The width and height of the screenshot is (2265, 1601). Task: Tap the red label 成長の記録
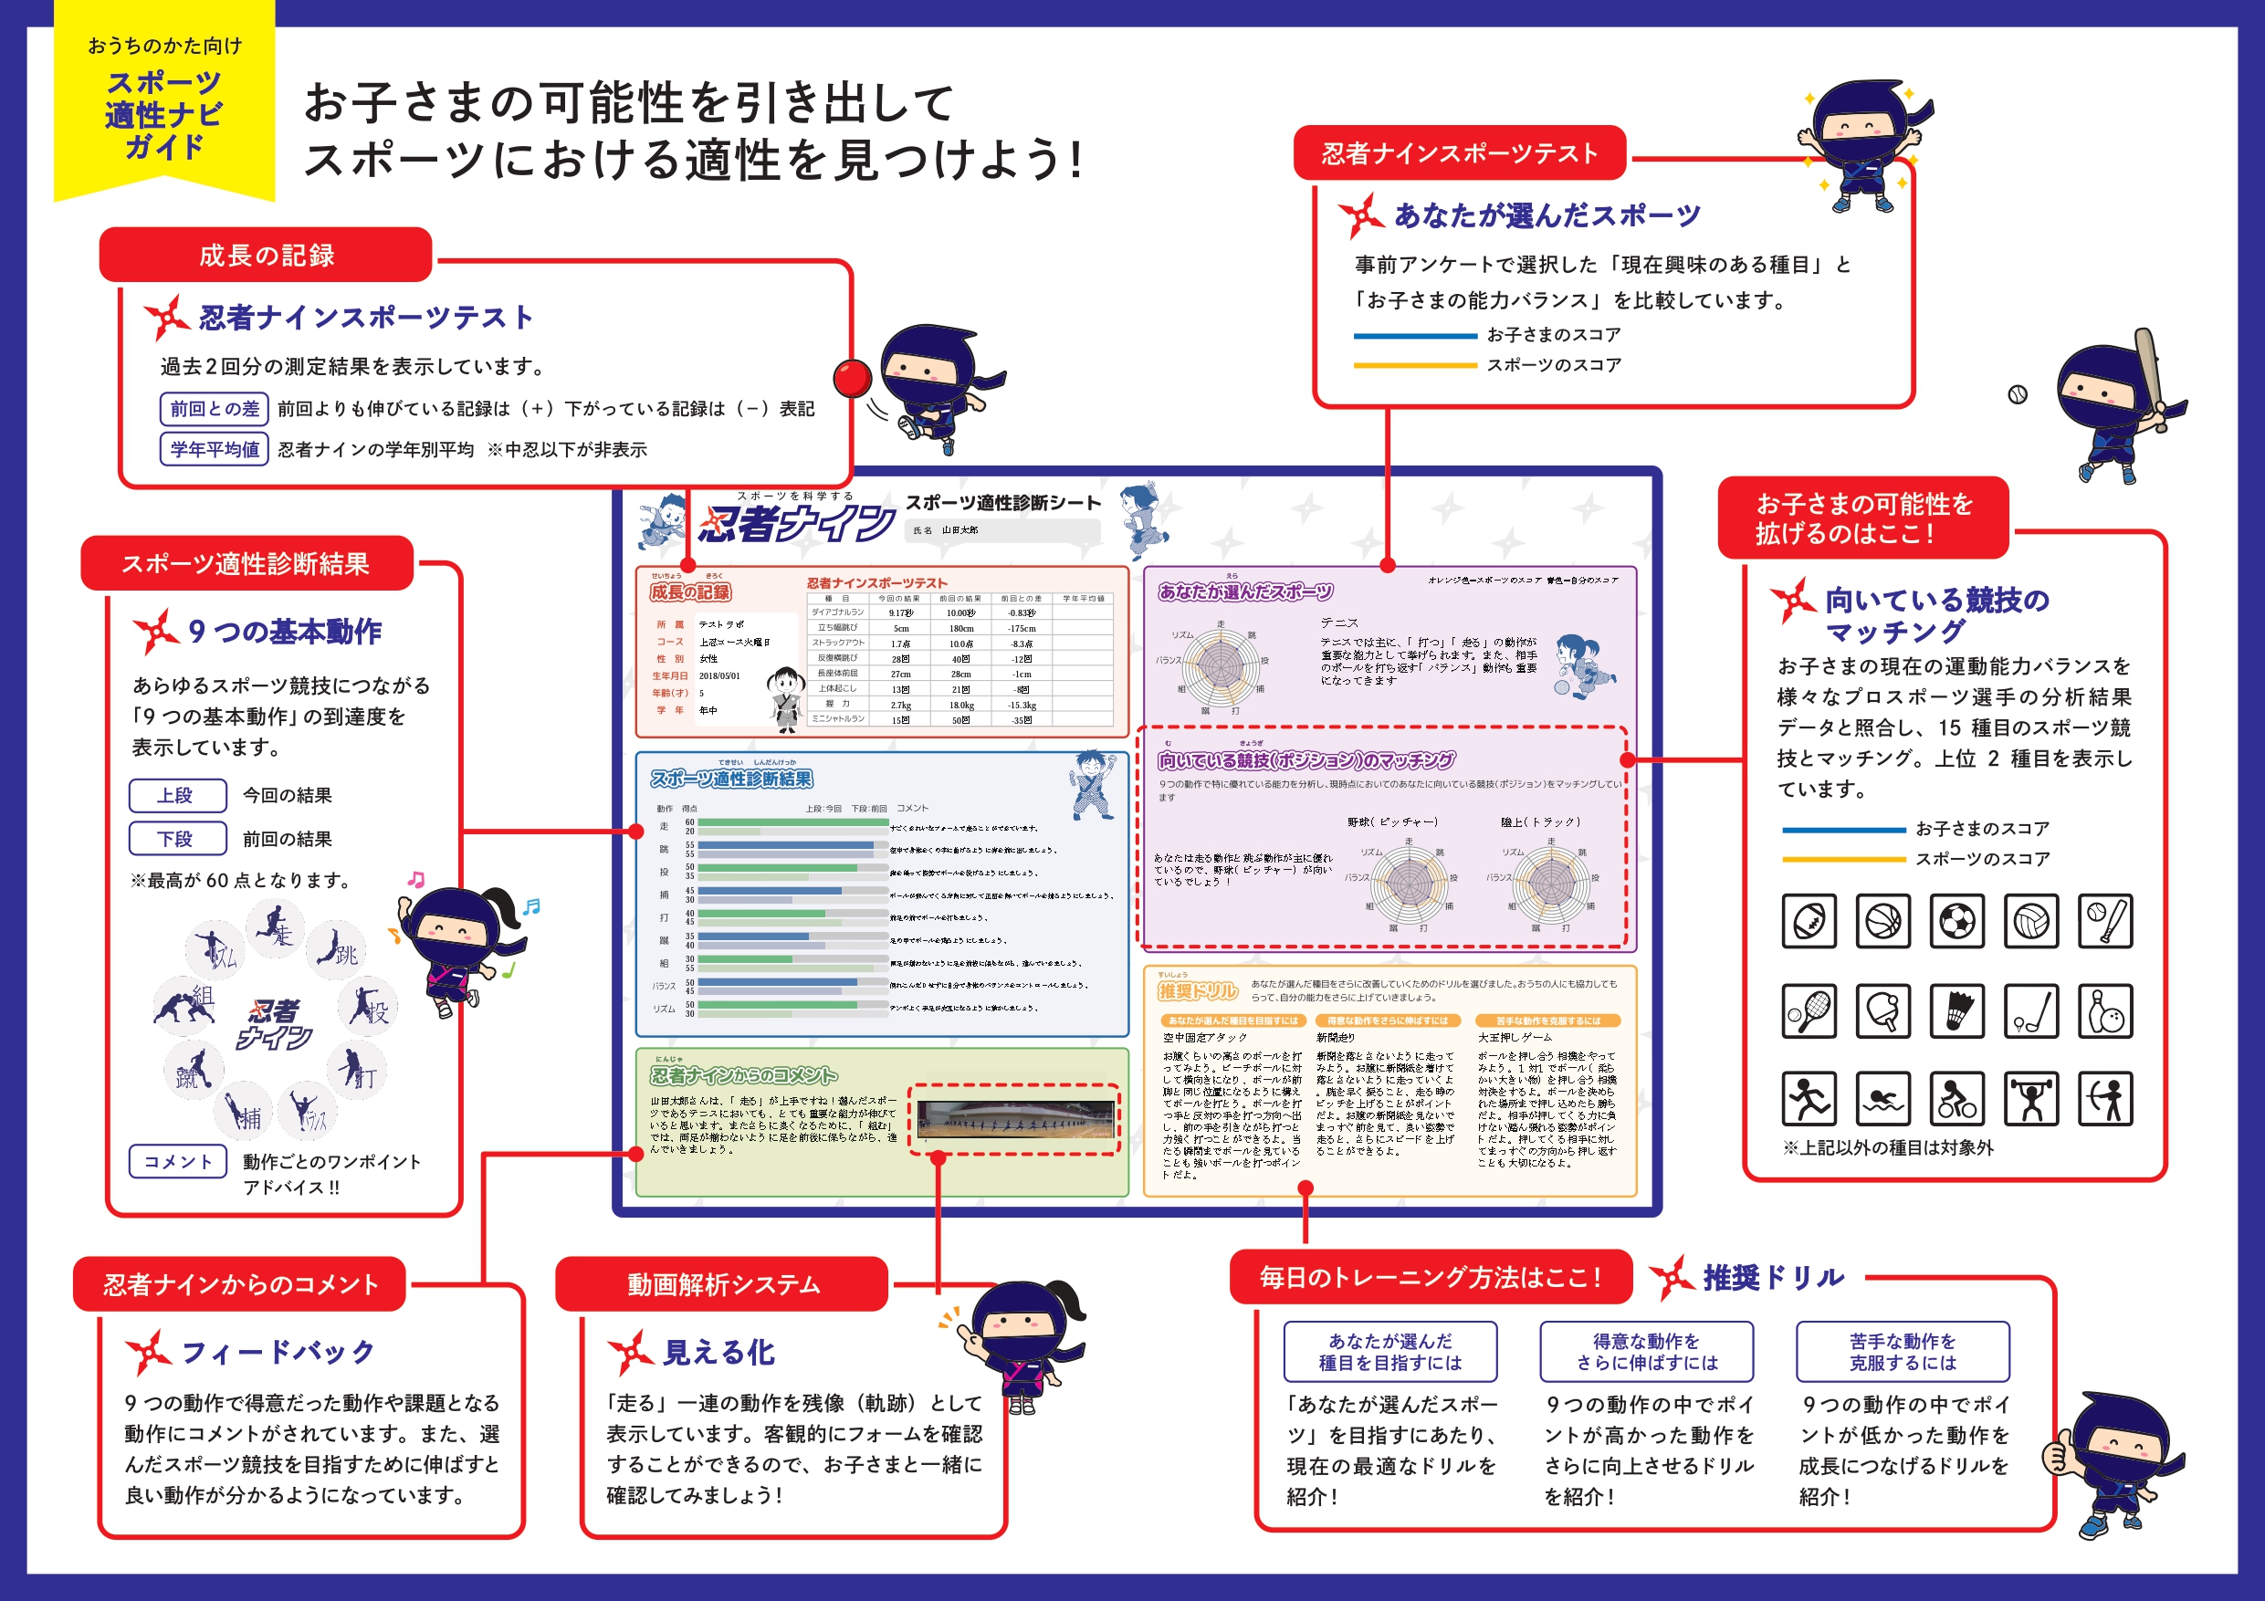point(267,256)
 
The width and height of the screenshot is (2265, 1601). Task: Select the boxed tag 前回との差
point(214,408)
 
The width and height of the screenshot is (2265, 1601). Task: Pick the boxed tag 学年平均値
point(214,450)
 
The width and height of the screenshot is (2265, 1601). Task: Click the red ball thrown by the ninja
point(852,378)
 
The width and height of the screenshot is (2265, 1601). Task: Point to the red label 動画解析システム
point(722,1284)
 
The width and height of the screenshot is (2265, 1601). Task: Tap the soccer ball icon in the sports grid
point(1957,921)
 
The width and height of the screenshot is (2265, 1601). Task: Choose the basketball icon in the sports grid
point(1883,921)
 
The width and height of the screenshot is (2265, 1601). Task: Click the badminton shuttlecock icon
point(1957,1011)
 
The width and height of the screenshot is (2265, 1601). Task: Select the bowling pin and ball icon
point(2105,1011)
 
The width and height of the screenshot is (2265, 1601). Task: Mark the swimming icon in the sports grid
point(1883,1099)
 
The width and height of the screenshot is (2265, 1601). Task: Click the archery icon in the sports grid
point(2105,1099)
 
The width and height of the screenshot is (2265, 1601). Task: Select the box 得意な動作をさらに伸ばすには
point(1646,1352)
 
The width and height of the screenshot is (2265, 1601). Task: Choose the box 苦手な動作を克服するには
point(1902,1352)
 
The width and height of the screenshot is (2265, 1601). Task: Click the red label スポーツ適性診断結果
point(246,564)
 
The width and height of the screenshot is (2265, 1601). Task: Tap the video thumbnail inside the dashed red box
point(1015,1120)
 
